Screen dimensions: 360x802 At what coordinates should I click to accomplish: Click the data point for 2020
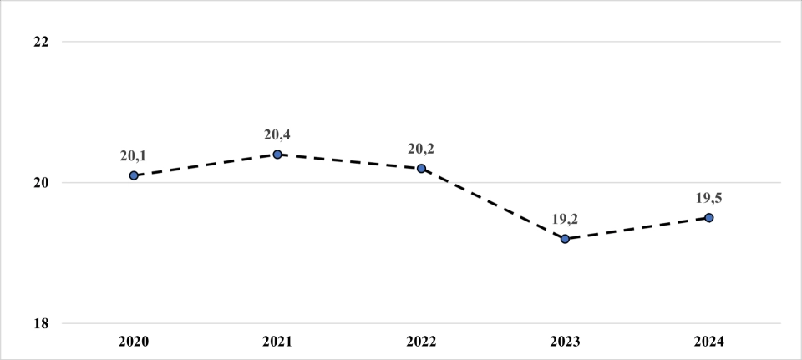pos(134,175)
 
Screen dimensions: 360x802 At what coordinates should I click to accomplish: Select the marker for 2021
pos(277,155)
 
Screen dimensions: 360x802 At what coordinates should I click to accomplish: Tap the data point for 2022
pos(421,169)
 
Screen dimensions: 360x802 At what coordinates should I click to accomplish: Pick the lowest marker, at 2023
pos(565,239)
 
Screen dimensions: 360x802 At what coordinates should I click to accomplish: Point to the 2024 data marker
pos(708,217)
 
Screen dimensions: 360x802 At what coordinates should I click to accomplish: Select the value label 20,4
pos(277,134)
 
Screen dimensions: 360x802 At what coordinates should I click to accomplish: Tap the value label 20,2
pos(421,149)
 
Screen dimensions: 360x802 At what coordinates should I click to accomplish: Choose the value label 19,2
pos(565,219)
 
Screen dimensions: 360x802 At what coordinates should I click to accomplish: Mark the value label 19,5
pos(708,198)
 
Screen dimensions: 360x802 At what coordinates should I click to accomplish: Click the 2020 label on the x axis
pos(134,342)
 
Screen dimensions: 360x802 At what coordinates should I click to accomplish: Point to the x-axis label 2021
pos(277,342)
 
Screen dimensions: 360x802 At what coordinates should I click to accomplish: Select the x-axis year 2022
pos(421,342)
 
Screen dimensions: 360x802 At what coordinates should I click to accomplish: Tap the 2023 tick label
pos(565,342)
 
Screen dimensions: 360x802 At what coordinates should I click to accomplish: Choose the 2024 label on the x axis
pos(708,342)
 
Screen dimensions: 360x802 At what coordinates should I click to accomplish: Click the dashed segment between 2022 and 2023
pos(493,204)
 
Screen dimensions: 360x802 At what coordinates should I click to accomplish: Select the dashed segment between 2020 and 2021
pos(206,165)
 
